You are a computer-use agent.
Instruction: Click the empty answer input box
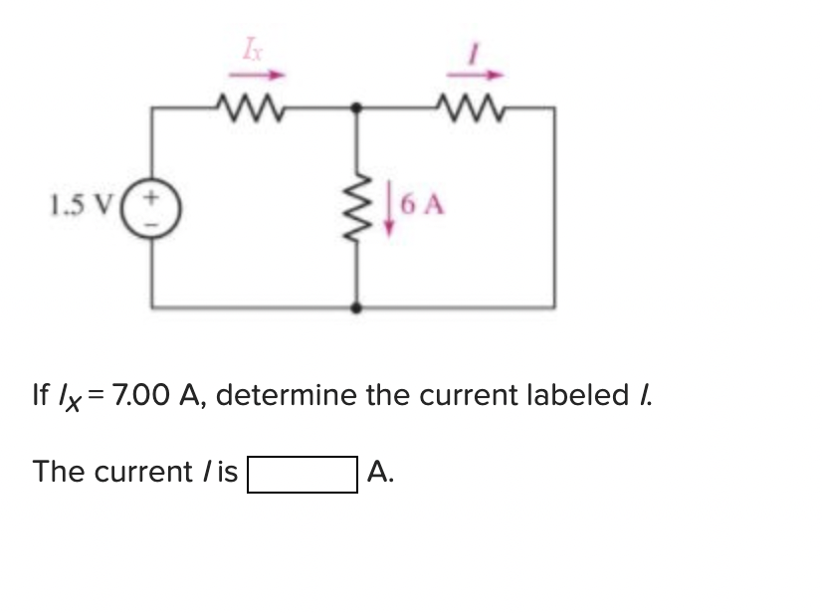click(303, 473)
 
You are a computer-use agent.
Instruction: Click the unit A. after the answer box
click(380, 472)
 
